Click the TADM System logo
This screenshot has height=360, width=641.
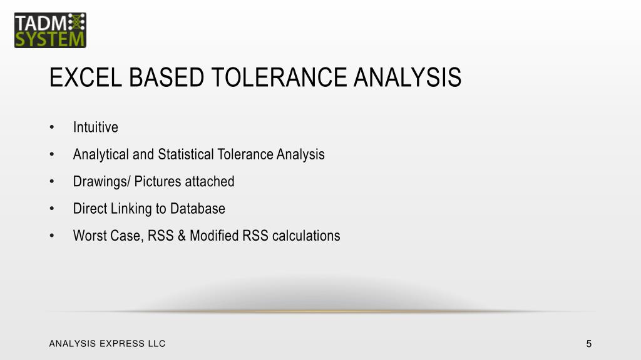point(50,30)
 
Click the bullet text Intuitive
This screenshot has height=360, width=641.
point(95,127)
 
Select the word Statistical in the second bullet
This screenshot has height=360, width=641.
point(185,154)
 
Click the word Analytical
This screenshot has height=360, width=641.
point(101,154)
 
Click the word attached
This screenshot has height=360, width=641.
point(210,182)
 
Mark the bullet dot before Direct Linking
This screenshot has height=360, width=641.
point(53,209)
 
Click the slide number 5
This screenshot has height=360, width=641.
point(589,343)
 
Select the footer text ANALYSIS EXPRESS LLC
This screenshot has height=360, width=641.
point(107,343)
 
